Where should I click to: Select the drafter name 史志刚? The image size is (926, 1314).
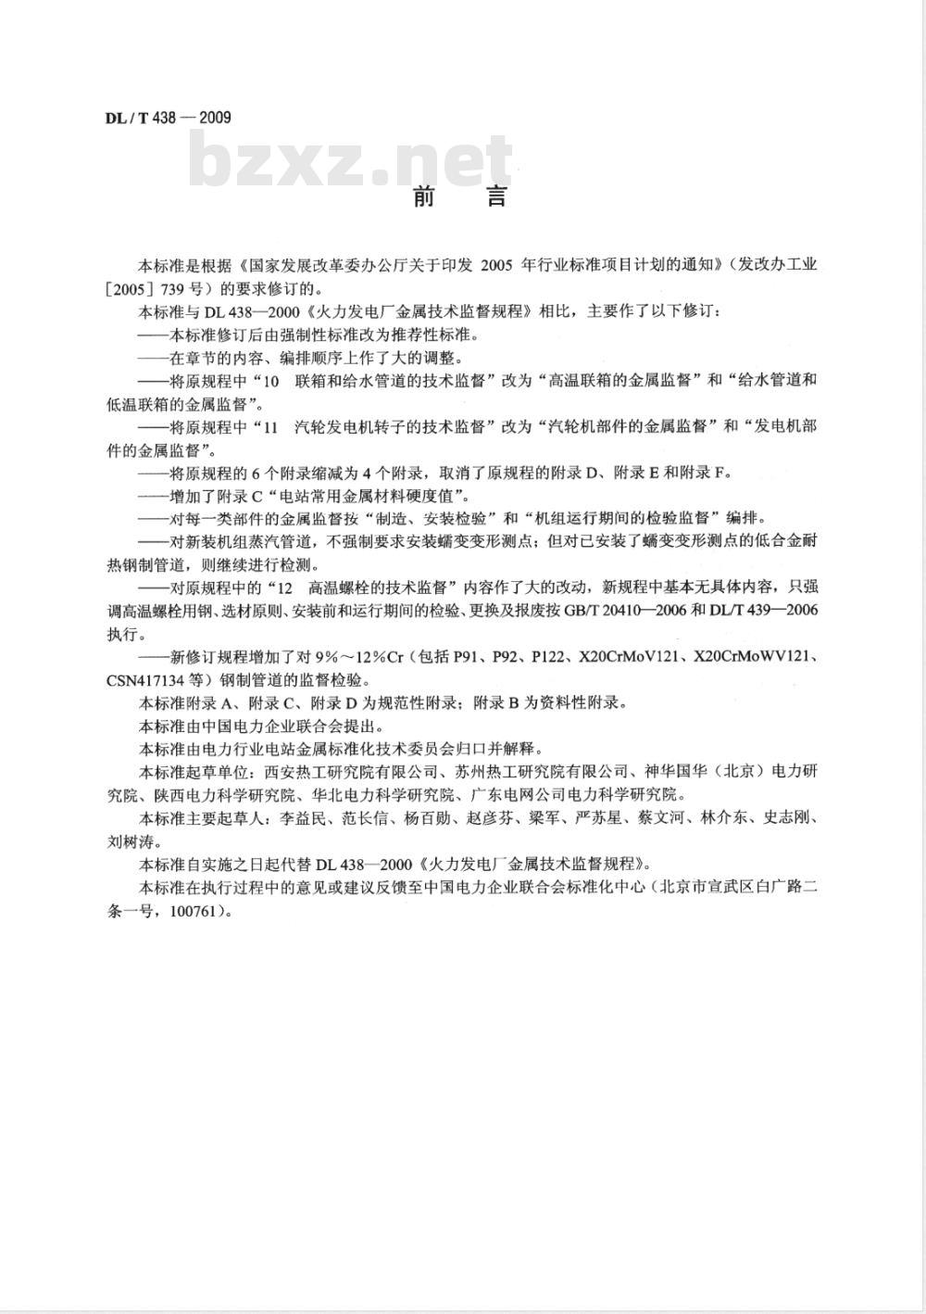788,818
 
